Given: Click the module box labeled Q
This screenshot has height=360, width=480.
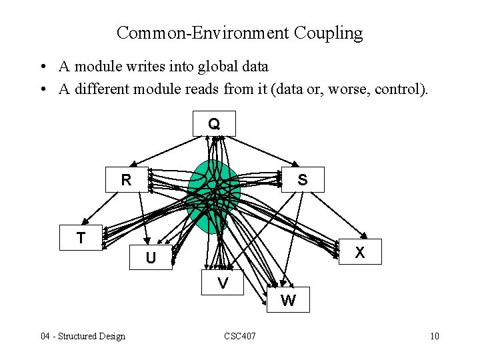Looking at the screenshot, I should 214,123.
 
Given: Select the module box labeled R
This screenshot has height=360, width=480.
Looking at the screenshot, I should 126,180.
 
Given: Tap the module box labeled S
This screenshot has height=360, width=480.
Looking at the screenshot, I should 303,179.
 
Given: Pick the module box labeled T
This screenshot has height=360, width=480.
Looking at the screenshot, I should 81,237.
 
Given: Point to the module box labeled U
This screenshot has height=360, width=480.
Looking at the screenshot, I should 151,257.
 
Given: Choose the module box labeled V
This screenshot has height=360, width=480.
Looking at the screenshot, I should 223,283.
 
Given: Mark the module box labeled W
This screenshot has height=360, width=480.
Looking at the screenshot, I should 288,300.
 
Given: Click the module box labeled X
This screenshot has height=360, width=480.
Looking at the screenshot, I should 360,252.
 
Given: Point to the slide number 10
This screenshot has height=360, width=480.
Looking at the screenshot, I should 435,336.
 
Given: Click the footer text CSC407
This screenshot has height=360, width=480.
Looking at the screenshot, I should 240,336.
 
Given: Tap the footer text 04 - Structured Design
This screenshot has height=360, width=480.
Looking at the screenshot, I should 83,336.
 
